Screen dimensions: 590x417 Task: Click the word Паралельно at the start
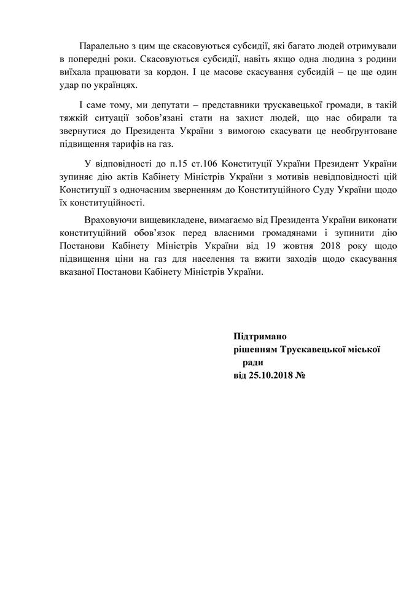coord(103,47)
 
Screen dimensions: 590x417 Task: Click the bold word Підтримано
coord(260,336)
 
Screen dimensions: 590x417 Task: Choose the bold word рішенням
coord(252,349)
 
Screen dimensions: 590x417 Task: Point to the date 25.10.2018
coord(268,375)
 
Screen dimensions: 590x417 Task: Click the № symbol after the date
coord(302,375)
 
